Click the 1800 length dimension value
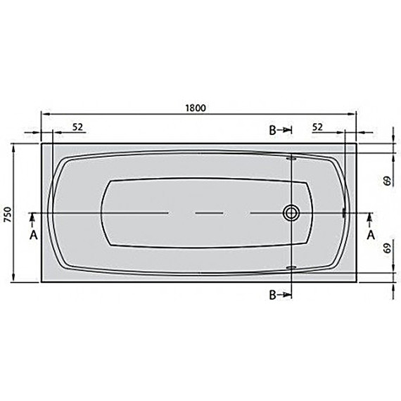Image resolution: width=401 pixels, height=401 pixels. click(196, 108)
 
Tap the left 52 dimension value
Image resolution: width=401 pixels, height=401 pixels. click(78, 127)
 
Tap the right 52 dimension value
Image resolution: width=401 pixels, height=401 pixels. click(317, 127)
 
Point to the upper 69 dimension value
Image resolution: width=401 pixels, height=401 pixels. click(388, 181)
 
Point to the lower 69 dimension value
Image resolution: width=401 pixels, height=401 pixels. click(388, 248)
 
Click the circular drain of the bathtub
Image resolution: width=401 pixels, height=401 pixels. click(291, 212)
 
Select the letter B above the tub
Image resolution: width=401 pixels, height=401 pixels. click(273, 130)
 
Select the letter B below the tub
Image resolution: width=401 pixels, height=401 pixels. click(273, 295)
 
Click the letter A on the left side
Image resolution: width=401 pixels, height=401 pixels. click(34, 235)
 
